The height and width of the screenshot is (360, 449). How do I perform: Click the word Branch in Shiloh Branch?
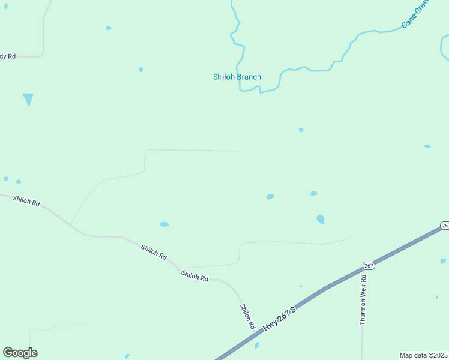click(x=248, y=77)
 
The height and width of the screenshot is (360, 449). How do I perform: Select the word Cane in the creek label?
click(x=408, y=22)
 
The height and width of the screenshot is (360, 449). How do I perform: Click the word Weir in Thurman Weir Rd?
click(x=363, y=291)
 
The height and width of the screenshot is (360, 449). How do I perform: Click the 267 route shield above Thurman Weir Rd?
click(x=369, y=266)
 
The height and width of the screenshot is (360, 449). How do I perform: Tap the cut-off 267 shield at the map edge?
click(x=445, y=225)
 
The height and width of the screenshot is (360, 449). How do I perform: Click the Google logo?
click(x=20, y=353)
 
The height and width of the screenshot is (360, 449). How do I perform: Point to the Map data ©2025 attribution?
click(x=423, y=355)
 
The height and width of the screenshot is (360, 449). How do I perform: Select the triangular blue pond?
click(x=28, y=99)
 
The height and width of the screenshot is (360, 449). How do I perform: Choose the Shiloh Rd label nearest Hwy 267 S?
click(x=247, y=316)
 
